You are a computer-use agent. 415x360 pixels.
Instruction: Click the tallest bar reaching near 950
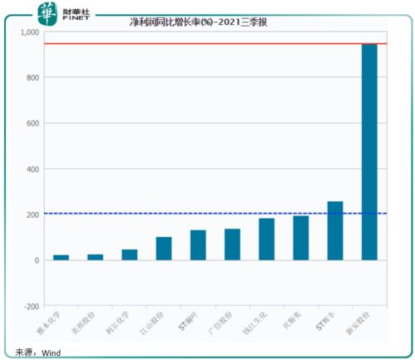pyautogui.click(x=369, y=150)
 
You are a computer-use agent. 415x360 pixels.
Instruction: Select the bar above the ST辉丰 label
pyautogui.click(x=335, y=230)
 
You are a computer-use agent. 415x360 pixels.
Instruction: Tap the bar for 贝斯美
pyautogui.click(x=301, y=238)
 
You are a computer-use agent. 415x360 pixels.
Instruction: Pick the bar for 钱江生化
pyautogui.click(x=267, y=239)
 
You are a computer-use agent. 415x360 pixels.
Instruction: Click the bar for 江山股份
pyautogui.click(x=164, y=249)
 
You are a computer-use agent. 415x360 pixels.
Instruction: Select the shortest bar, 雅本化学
pyautogui.click(x=61, y=258)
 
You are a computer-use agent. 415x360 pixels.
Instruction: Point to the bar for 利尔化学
pyautogui.click(x=130, y=254)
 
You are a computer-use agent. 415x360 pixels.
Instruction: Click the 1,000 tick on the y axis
pyautogui.click(x=29, y=32)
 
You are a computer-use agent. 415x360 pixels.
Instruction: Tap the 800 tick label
pyautogui.click(x=32, y=78)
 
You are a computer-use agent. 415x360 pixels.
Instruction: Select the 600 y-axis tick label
pyautogui.click(x=32, y=124)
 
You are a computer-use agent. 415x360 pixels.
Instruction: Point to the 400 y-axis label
pyautogui.click(x=32, y=170)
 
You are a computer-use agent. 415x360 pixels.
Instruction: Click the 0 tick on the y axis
pyautogui.click(x=37, y=260)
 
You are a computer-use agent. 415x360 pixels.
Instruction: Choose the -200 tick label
pyautogui.click(x=31, y=306)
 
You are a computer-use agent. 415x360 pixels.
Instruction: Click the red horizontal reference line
pyautogui.click(x=208, y=43)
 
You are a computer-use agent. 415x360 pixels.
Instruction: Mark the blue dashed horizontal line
pyautogui.click(x=208, y=214)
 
